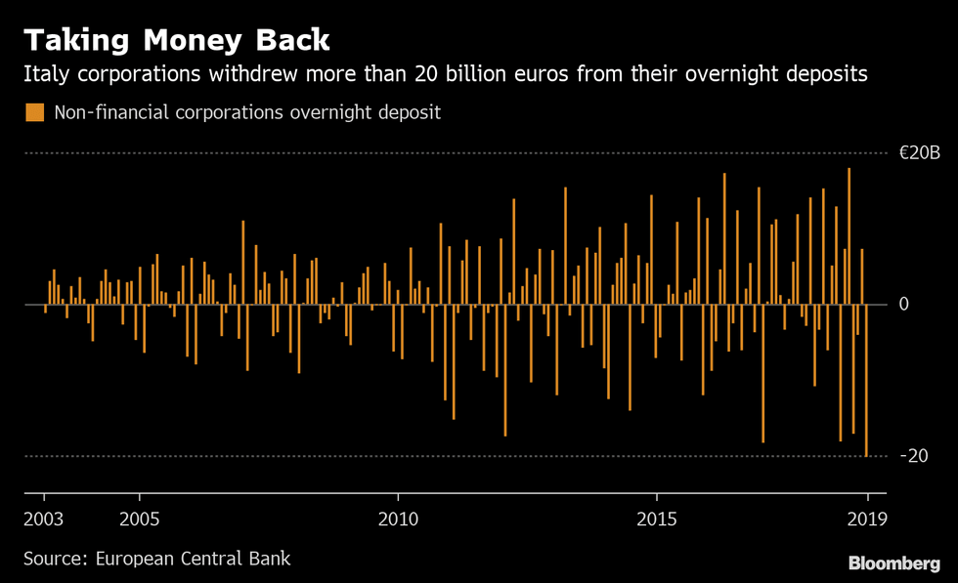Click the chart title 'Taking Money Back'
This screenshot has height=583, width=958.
coord(177,40)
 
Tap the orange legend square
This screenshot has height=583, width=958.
coord(35,112)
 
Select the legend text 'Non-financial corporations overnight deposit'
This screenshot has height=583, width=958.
coord(247,112)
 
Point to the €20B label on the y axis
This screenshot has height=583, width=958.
coord(919,153)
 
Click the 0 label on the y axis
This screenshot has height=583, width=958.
coord(903,305)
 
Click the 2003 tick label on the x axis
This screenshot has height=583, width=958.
coord(44,518)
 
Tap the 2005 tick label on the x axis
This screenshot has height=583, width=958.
coord(139,518)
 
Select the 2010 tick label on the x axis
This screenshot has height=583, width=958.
coord(398,518)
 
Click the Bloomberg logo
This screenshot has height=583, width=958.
coord(893,563)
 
